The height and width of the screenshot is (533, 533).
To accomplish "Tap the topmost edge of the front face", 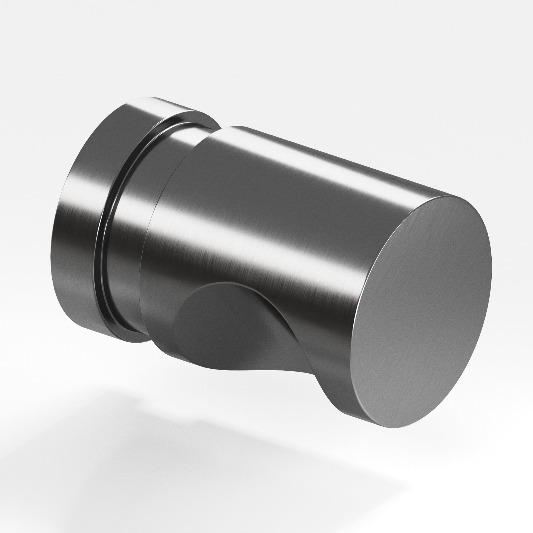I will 452,196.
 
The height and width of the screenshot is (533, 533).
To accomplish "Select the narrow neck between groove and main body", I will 130,221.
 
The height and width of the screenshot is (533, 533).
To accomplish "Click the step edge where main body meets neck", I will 154,210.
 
